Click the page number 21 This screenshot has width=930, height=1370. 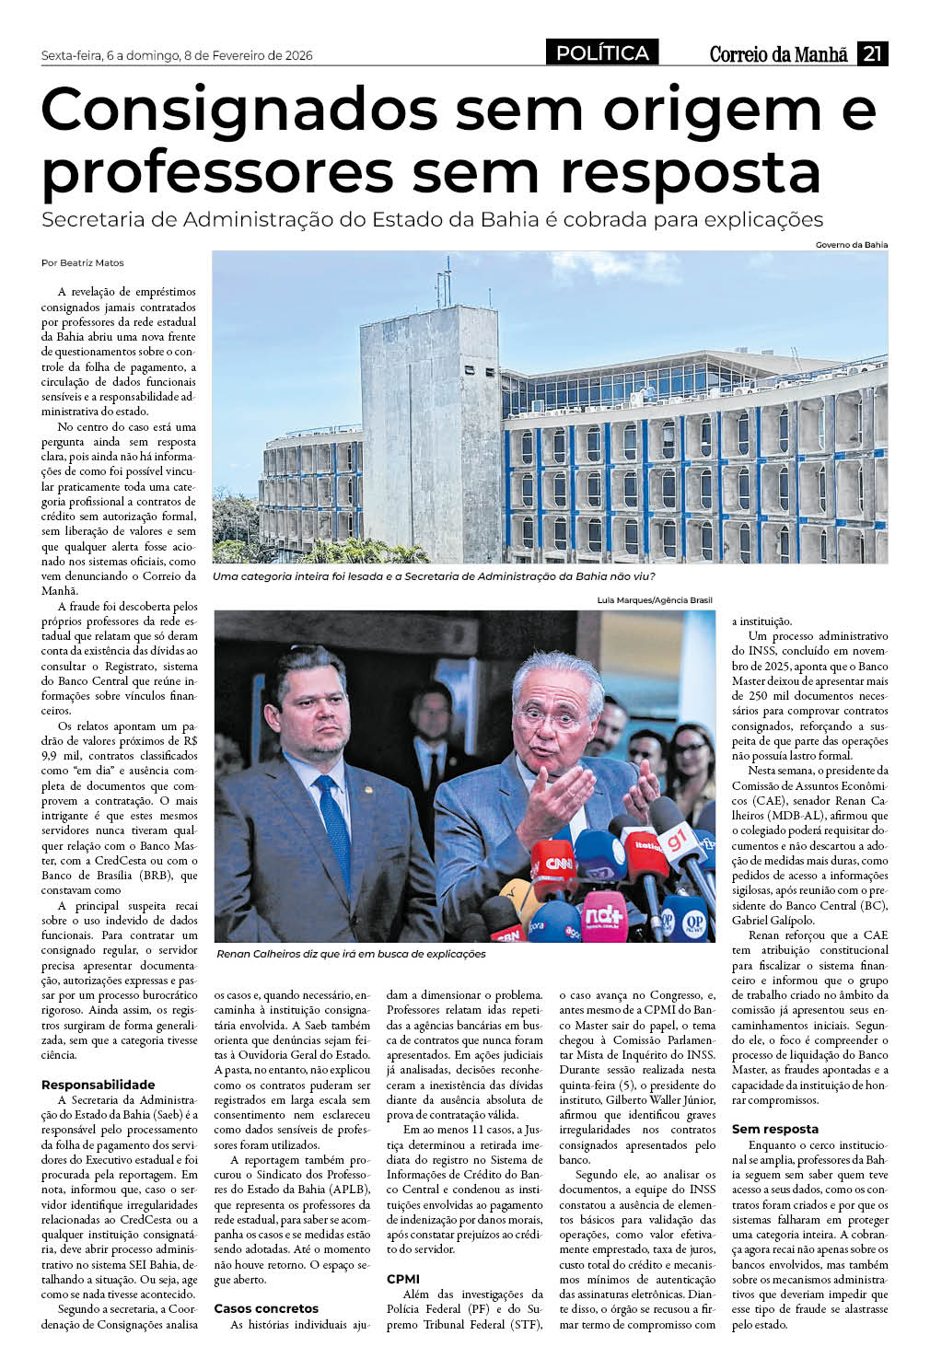coord(872,54)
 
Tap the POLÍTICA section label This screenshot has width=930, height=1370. coord(603,53)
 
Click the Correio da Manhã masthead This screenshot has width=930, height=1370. coord(778,54)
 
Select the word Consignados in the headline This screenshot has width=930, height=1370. coord(238,110)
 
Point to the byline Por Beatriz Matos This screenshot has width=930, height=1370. coord(83,262)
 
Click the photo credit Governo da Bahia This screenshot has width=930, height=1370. coord(851,245)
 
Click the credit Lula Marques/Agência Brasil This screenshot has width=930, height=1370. coord(654,600)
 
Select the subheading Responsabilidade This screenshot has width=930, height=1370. coord(99,1085)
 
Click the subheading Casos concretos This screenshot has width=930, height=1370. coord(266,1308)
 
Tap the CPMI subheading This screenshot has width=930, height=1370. coord(403,1279)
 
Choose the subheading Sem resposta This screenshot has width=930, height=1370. coord(775,1129)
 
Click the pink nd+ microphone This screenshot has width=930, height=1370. coord(604,914)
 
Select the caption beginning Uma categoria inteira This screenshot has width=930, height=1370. coord(433,576)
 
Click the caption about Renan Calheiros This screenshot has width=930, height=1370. coord(351,954)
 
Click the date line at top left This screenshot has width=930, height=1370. coord(177,55)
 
